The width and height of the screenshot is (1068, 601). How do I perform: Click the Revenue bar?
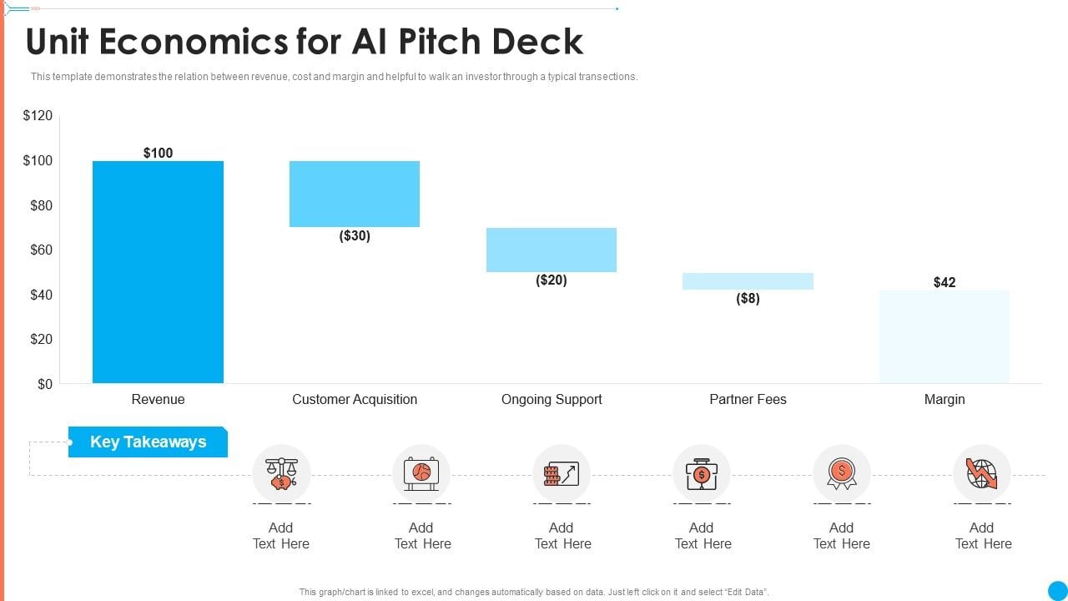point(158,272)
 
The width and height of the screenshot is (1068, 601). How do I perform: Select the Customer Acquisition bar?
point(355,194)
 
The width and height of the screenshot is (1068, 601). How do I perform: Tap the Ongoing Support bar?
point(552,250)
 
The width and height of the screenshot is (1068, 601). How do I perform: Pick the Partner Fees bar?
point(748,281)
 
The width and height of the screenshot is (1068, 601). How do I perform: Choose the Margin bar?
point(945,336)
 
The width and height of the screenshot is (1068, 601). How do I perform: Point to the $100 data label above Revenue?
point(158,153)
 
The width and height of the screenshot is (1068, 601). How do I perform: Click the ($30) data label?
point(355,236)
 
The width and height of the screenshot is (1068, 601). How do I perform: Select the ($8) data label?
point(748,299)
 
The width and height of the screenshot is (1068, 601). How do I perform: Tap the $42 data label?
point(945,282)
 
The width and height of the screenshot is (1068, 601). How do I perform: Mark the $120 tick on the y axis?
point(38,116)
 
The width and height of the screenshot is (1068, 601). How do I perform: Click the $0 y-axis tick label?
point(44,384)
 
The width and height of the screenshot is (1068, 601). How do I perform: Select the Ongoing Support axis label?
point(552,400)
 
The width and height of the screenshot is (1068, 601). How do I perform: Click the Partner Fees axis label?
point(748,400)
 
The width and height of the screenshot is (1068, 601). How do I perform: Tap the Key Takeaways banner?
point(148,442)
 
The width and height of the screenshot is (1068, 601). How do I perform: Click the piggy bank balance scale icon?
point(281,473)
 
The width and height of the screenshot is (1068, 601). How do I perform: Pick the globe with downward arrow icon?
point(981,473)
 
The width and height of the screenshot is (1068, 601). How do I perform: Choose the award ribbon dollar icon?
point(841,473)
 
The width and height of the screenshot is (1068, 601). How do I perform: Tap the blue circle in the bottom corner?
point(1057,590)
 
